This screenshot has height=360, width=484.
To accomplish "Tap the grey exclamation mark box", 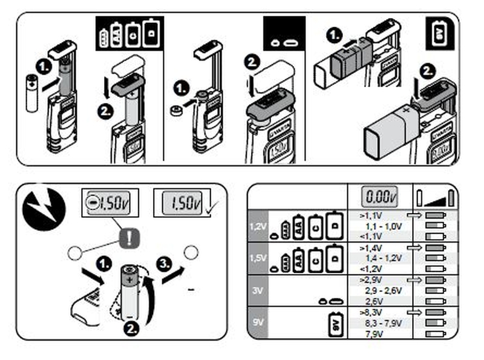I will (129, 238).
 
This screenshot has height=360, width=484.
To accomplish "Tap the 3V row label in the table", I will (257, 289).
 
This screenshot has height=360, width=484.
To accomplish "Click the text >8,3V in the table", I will (370, 312).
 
